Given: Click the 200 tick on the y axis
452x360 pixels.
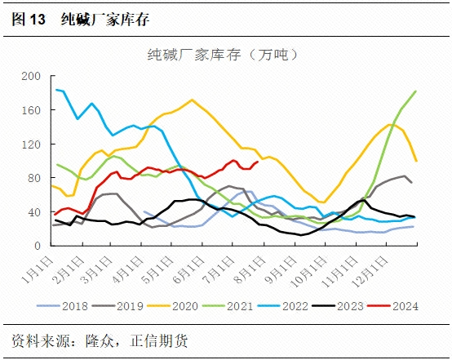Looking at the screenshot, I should click(30, 76).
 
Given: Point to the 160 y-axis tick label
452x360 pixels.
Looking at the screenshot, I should click(30, 110).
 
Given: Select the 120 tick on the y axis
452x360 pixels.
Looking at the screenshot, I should click(30, 144).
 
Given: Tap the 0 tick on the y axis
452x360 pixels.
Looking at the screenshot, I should click(37, 246).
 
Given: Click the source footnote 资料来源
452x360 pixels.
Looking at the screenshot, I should click(40, 339).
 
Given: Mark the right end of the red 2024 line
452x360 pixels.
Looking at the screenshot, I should click(258, 162).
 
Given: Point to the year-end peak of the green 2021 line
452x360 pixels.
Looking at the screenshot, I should click(416, 91).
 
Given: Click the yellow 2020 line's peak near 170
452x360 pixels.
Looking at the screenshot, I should click(192, 100).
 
